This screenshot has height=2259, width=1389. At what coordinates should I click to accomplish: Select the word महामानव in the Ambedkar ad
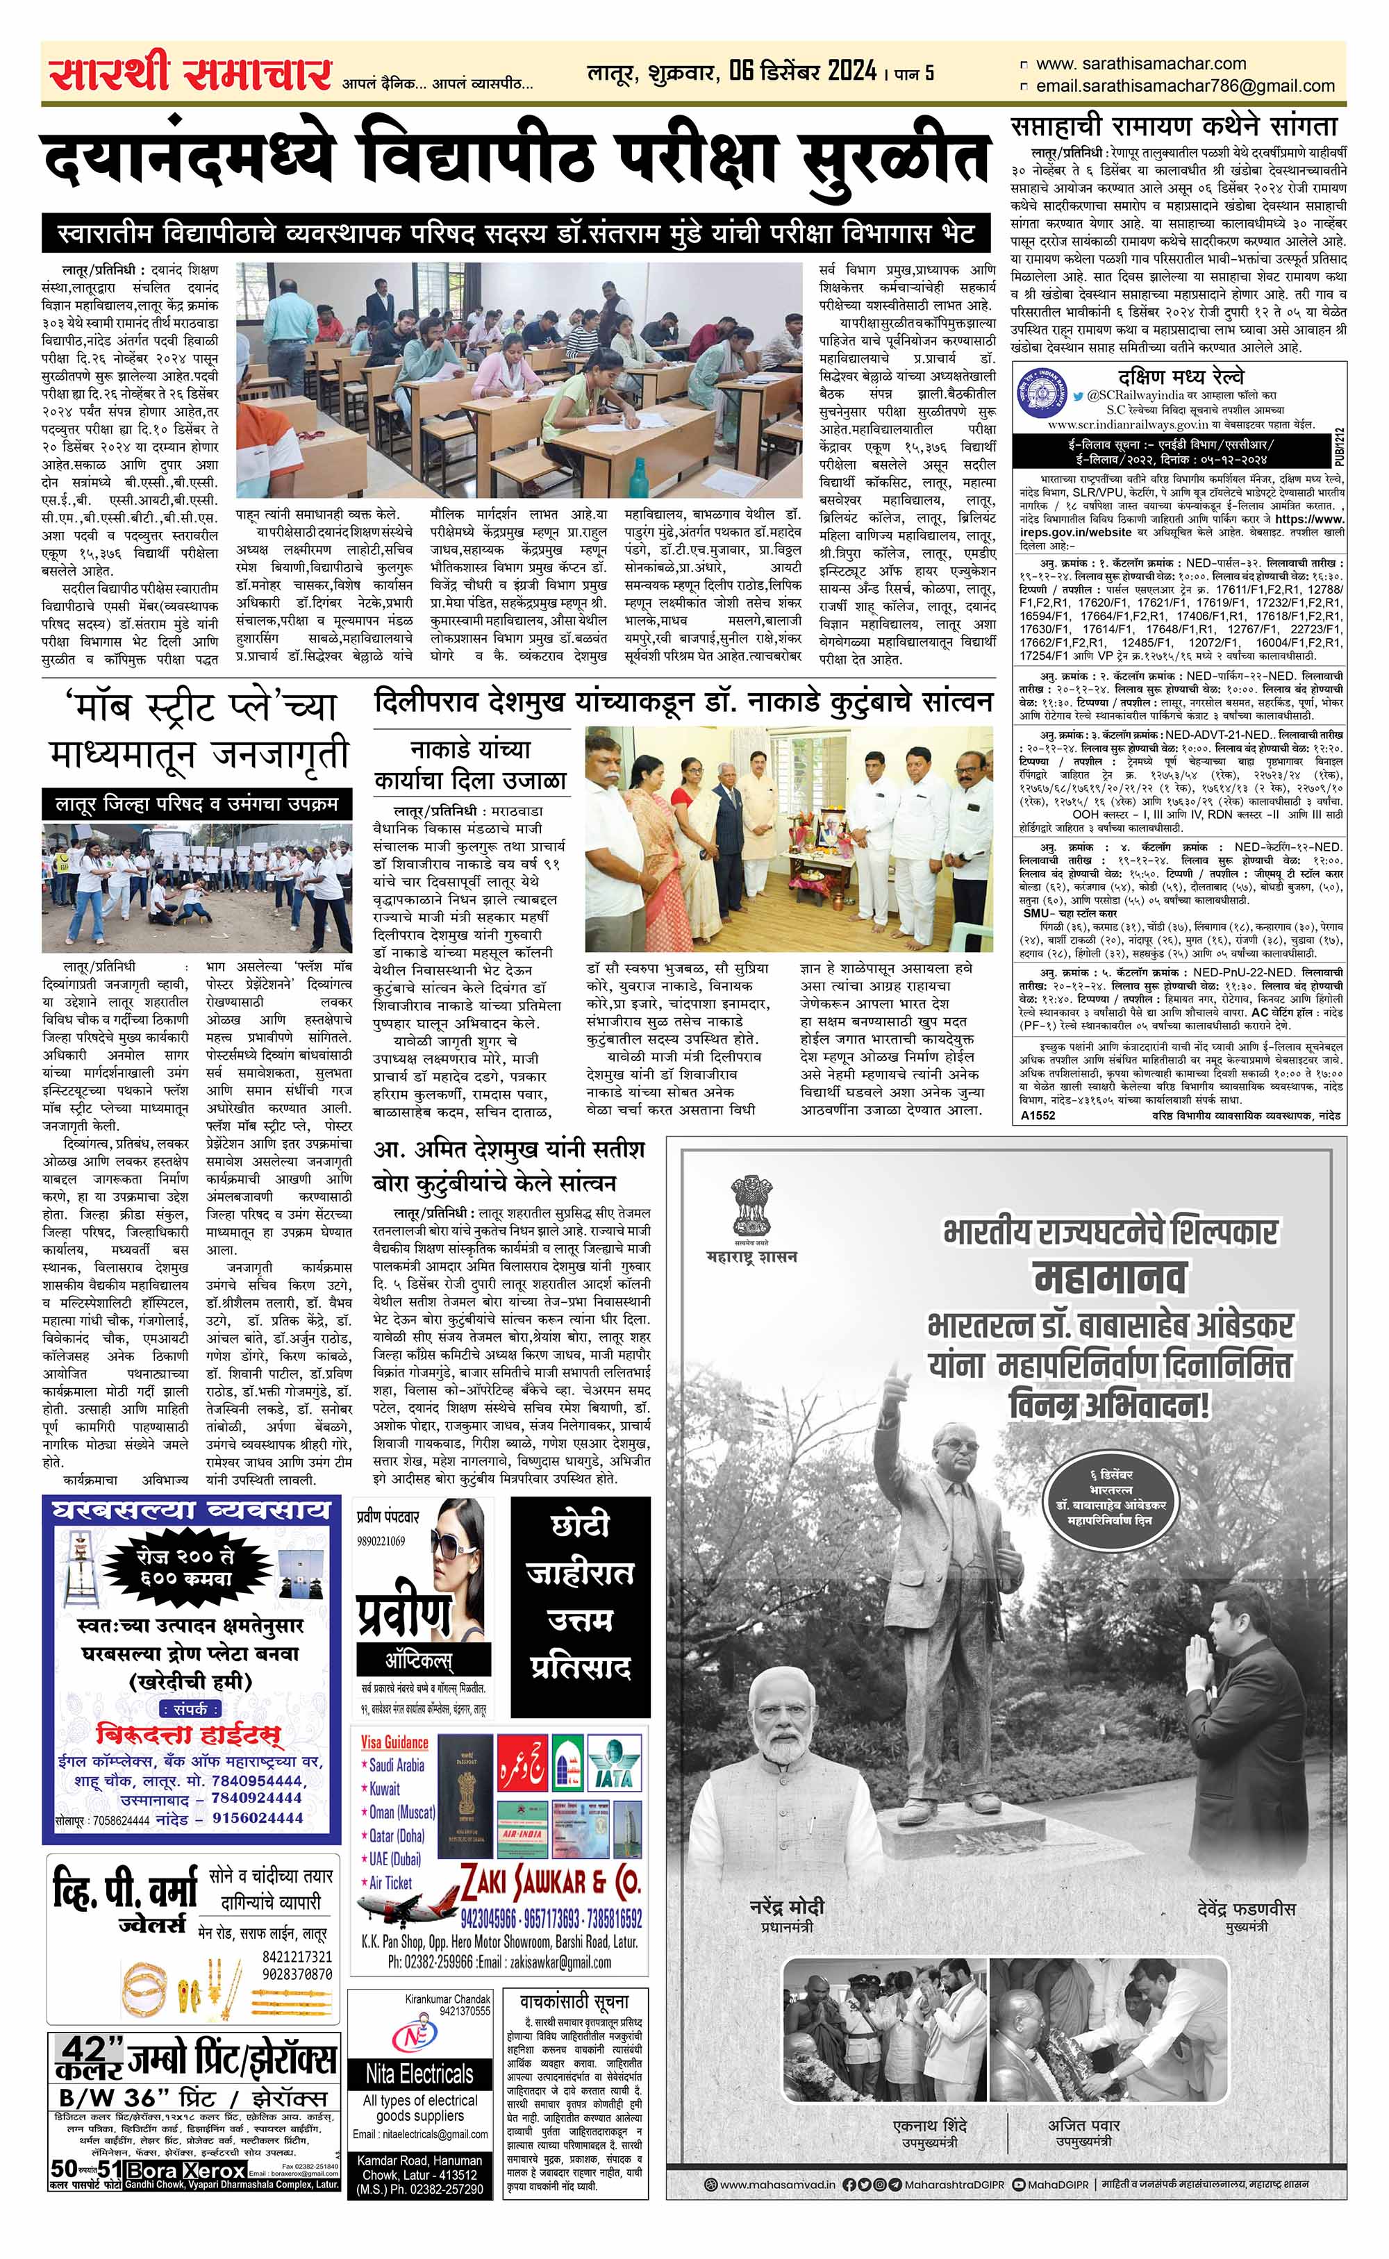pyautogui.click(x=1109, y=1276)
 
